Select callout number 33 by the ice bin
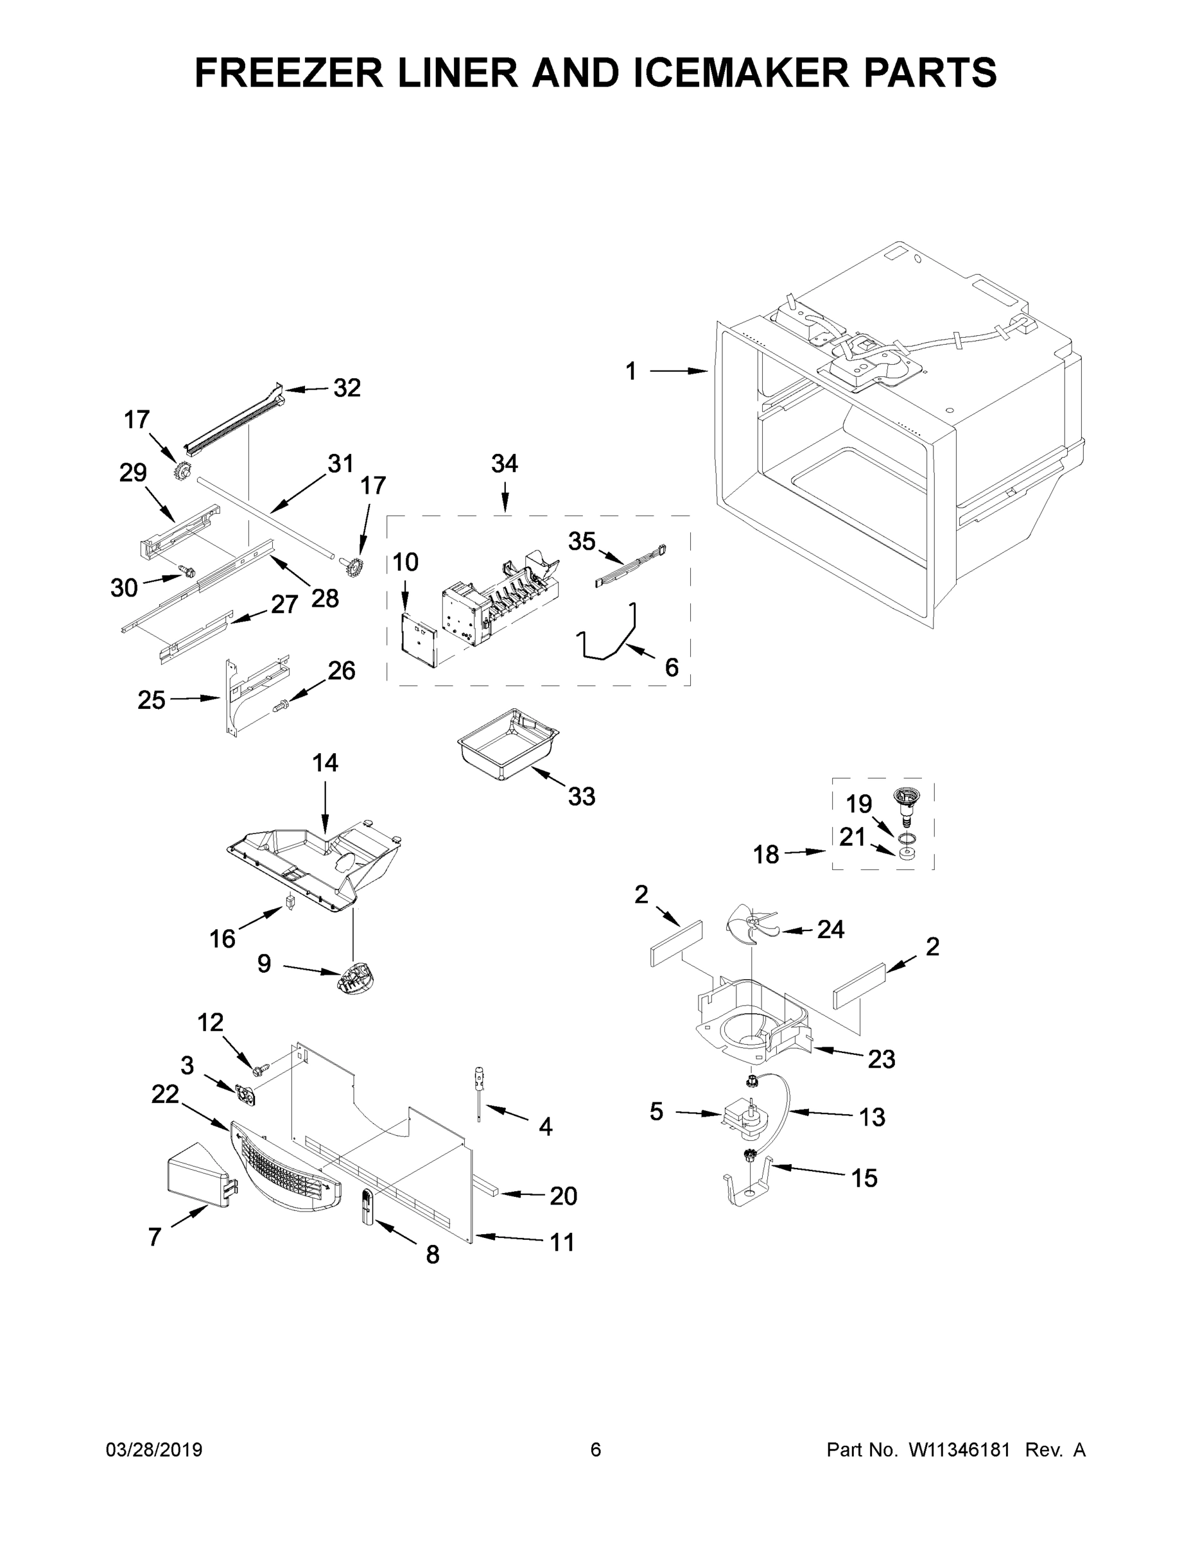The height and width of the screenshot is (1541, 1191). coord(582,797)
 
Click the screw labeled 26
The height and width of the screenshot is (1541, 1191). coord(281,704)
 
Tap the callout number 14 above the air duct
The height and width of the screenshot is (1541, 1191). coord(326,763)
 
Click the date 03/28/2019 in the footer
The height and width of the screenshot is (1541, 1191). coord(154,1450)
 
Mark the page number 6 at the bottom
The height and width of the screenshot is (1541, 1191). coord(596,1450)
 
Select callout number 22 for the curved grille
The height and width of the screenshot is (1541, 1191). coord(165,1094)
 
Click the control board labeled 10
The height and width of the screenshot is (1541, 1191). coord(418,641)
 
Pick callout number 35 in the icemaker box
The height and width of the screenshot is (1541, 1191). coord(582,541)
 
